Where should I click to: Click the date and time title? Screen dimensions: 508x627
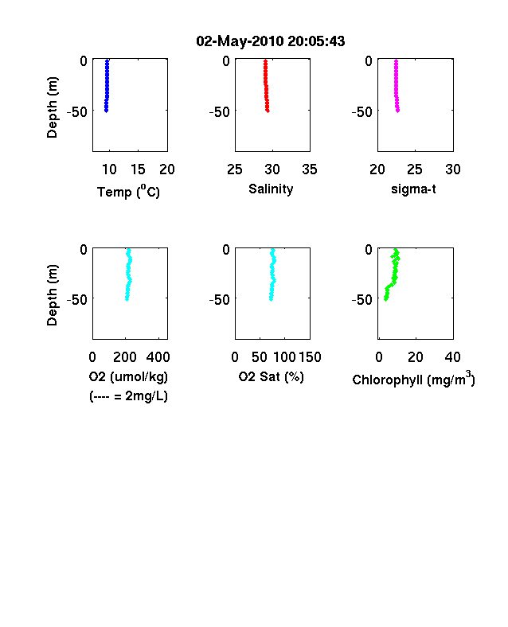click(271, 41)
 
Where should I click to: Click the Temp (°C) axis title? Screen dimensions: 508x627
click(128, 192)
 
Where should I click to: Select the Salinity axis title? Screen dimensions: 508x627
click(271, 189)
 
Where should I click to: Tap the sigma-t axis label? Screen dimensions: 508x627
click(413, 189)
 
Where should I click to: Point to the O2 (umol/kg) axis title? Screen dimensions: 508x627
click(128, 376)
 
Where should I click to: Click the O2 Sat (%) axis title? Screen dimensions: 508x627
click(272, 376)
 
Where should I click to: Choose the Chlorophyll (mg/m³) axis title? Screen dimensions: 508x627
click(413, 378)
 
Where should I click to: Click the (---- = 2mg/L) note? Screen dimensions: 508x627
click(128, 396)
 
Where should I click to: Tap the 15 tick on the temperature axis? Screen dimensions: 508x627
click(138, 169)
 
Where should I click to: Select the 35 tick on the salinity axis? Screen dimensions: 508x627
click(310, 169)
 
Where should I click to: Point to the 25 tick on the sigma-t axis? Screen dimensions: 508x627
click(415, 169)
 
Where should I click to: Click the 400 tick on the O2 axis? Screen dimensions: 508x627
click(158, 357)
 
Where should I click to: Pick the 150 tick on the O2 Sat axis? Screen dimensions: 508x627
click(310, 357)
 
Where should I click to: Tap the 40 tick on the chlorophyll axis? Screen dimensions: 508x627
click(452, 357)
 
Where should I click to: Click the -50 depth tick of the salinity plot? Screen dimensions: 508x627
click(220, 112)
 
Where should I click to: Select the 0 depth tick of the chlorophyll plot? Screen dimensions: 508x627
click(369, 250)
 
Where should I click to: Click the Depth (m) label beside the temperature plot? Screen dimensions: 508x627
click(52, 107)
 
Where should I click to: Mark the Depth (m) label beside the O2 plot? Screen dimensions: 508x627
click(52, 295)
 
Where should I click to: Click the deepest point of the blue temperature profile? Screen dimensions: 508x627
click(107, 111)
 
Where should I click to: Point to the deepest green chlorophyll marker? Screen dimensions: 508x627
click(385, 299)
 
